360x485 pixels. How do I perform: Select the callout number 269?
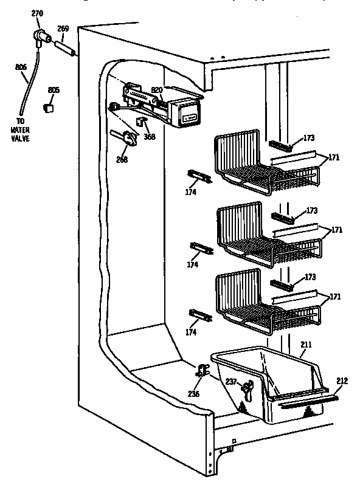63,29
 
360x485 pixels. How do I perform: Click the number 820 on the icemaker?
157,90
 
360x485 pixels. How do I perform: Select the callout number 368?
149,136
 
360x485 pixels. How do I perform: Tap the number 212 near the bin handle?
342,381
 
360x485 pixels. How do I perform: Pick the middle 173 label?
312,211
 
